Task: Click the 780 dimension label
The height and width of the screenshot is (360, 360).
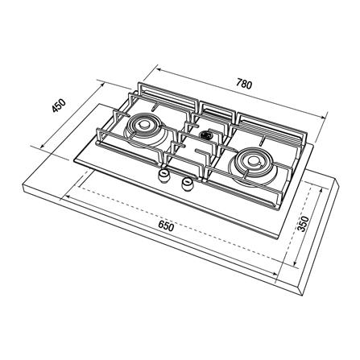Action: click(244, 84)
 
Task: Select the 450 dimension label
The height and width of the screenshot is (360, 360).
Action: click(59, 106)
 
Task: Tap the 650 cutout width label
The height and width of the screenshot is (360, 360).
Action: click(166, 226)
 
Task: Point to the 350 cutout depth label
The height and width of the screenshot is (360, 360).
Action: click(304, 224)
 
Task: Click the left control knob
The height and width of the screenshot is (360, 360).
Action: click(163, 176)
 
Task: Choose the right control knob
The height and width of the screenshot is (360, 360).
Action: click(187, 184)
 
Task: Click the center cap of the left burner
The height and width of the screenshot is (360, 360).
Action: click(144, 124)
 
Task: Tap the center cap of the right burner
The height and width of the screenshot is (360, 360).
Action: click(252, 160)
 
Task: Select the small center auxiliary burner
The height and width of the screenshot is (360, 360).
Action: click(206, 134)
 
